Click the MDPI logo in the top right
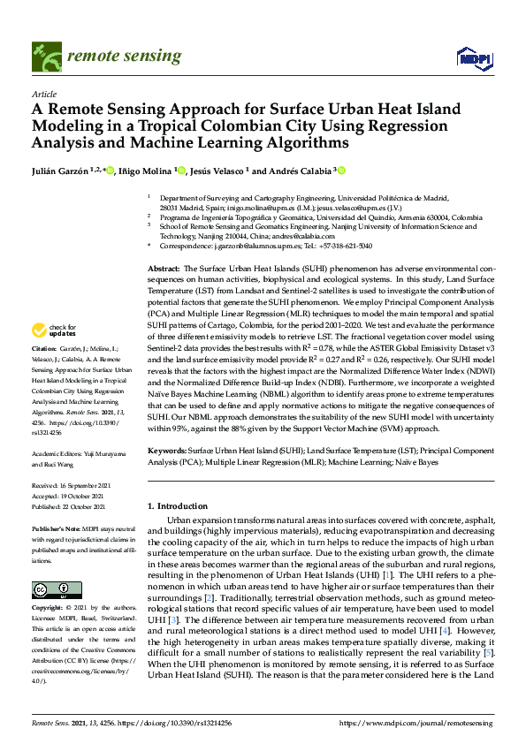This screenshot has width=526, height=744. click(x=474, y=58)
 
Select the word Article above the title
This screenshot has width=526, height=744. click(x=44, y=93)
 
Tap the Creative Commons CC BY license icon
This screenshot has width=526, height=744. click(x=51, y=589)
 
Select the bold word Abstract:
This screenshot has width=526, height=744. click(x=164, y=267)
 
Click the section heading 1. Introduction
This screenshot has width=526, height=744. click(x=178, y=506)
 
